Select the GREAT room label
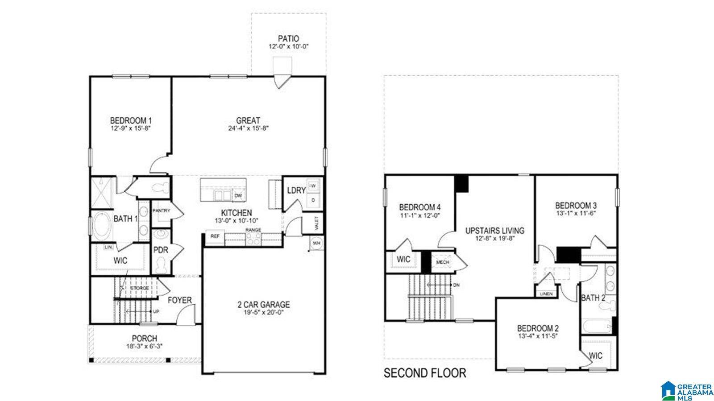tap(248, 120)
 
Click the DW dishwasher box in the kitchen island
tap(238, 196)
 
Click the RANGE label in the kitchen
tap(253, 230)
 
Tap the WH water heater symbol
tap(316, 244)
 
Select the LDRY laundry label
tap(296, 190)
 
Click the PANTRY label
tap(162, 211)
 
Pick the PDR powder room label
tap(161, 250)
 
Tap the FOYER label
tap(179, 300)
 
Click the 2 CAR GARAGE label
tap(263, 305)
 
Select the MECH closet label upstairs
tap(443, 262)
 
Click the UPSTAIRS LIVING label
tap(494, 231)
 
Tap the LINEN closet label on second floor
tap(546, 294)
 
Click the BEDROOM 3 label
tap(576, 206)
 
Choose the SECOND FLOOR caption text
tap(425, 373)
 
